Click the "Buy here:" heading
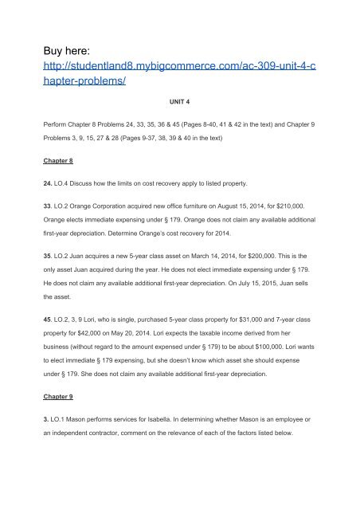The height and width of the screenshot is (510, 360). (61, 35)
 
